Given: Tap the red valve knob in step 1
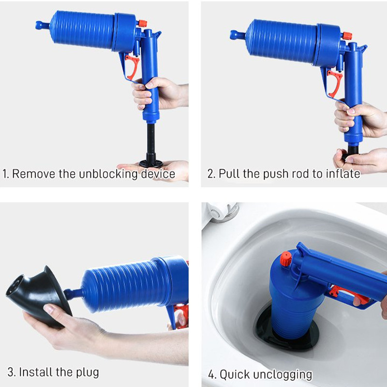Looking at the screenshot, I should click(142, 23).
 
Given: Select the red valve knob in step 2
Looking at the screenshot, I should click(346, 36).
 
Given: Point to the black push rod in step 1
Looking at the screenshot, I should click(151, 140).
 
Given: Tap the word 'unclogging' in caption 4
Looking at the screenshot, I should click(282, 374).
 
